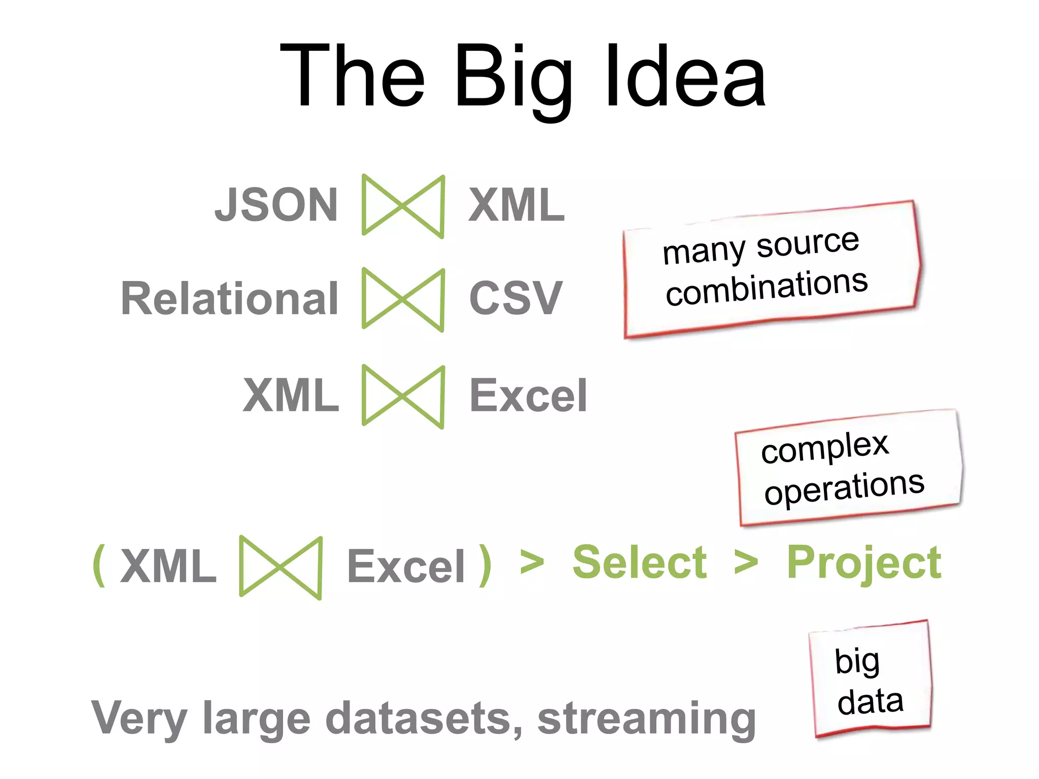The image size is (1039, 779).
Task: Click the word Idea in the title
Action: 685,76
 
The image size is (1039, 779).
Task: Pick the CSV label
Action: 515,298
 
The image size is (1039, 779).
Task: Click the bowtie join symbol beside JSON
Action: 403,205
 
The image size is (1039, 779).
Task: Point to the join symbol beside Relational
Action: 403,299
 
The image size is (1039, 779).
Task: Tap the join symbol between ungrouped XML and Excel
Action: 403,396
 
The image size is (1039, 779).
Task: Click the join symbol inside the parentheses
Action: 280,567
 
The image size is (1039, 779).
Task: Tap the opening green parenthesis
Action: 99,565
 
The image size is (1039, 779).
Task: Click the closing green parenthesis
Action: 485,565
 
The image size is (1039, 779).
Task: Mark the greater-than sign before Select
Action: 532,563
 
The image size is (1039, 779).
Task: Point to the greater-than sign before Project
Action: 746,563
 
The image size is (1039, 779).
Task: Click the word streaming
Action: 646,719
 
